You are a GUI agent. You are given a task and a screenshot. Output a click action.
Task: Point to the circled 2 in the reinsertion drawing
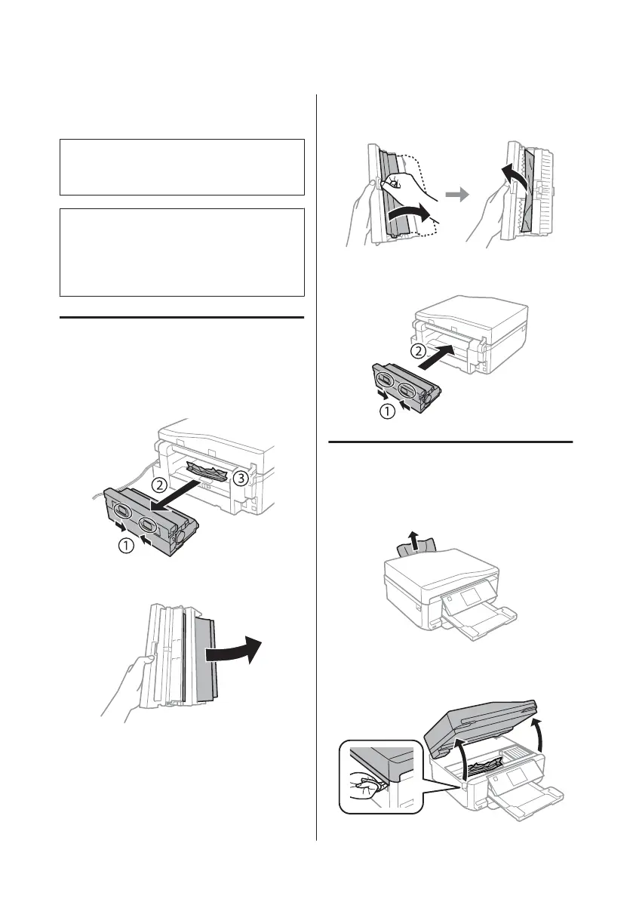(x=417, y=352)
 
